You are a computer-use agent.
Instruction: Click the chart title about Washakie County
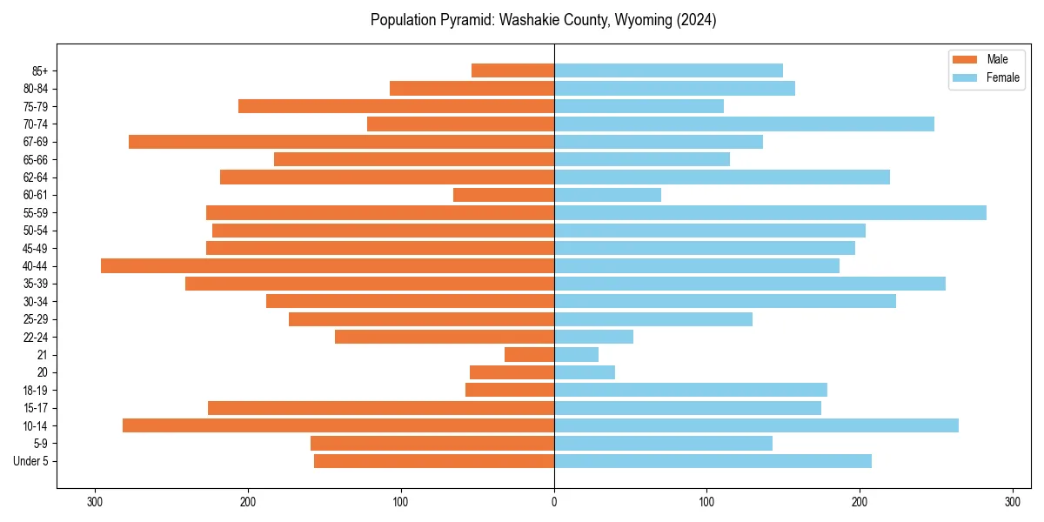[x=543, y=20]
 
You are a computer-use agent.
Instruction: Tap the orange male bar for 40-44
[x=327, y=266]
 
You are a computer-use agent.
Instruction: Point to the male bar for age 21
[x=529, y=355]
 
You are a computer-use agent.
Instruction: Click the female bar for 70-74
[x=744, y=124]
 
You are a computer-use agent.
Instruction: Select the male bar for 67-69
[x=341, y=142]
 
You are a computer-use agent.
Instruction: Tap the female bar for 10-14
[x=756, y=425]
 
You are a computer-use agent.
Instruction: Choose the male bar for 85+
[x=512, y=70]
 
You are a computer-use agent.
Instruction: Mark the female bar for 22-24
[x=593, y=337]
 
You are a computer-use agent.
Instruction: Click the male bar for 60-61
[x=504, y=195]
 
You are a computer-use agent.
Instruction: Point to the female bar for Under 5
[x=713, y=461]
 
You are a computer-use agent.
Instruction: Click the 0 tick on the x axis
[x=554, y=502]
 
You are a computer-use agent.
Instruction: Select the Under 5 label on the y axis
[x=31, y=461]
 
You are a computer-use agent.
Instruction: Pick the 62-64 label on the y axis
[x=36, y=177]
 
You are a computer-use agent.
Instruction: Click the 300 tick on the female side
[x=1012, y=502]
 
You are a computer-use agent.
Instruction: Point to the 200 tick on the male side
[x=248, y=502]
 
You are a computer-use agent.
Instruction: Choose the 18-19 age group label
[x=36, y=390]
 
